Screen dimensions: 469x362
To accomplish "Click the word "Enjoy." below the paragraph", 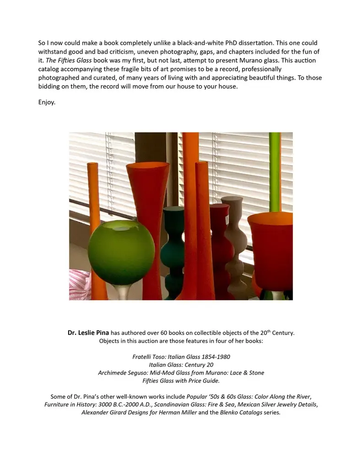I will coord(47,102).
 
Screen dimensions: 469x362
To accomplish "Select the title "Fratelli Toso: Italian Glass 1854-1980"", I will coord(181,356).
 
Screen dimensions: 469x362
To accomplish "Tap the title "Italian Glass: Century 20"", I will coord(181,365).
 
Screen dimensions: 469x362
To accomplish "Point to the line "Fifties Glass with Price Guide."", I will coord(181,381).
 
